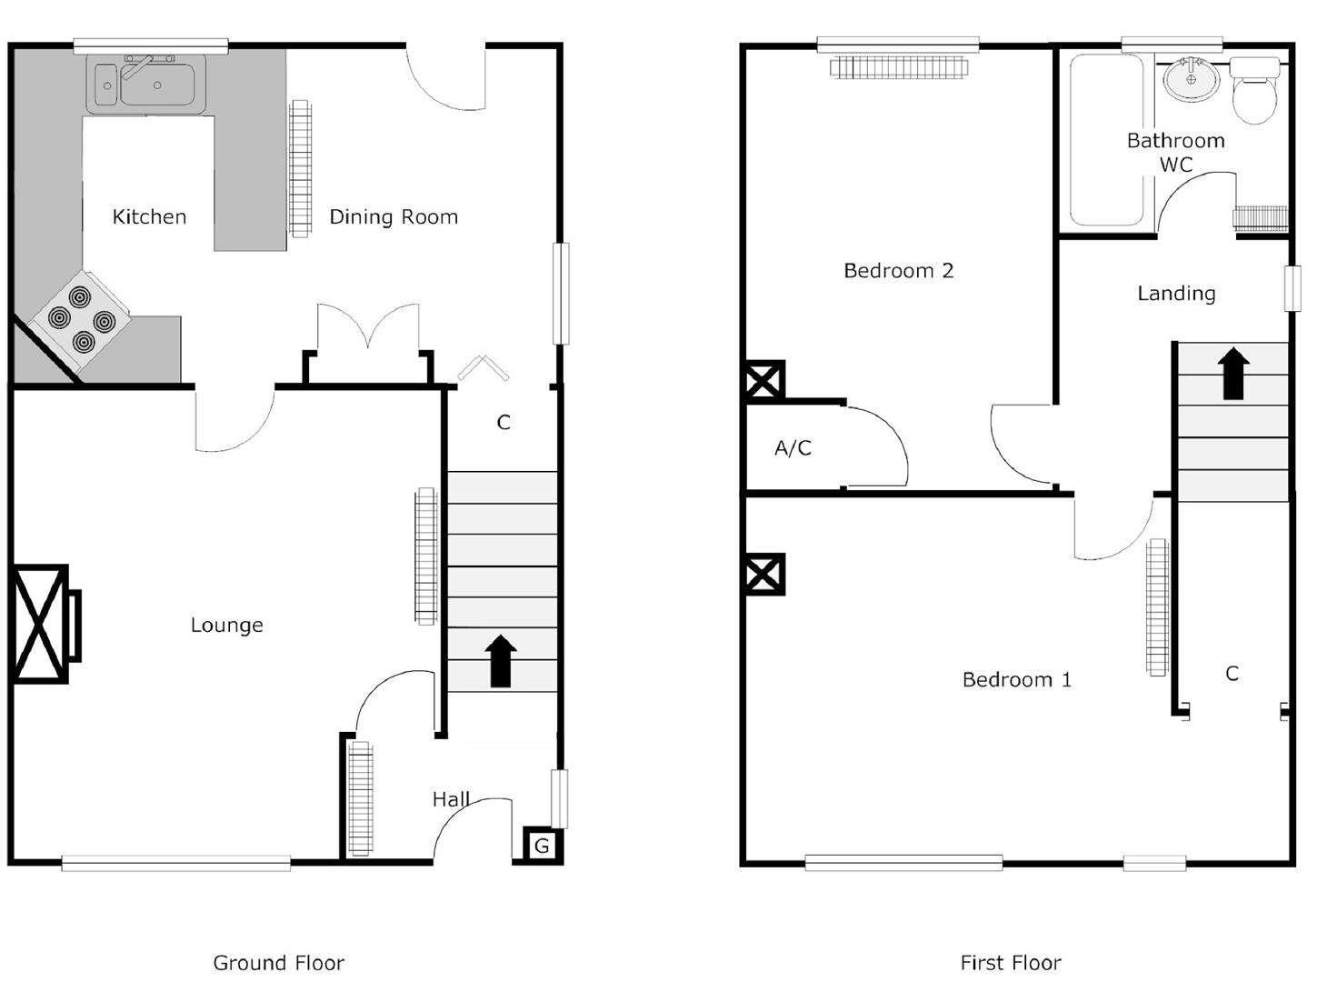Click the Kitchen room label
point(149,216)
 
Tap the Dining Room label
point(393,216)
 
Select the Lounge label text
point(226,625)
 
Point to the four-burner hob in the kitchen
point(81,319)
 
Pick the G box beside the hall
point(542,846)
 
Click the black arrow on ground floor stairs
point(501,661)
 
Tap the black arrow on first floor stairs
point(1233,374)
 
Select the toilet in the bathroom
point(1255,91)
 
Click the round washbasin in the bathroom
point(1191,80)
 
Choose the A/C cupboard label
point(793,447)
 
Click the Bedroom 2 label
point(898,270)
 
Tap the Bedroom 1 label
point(1016,679)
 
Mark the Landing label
point(1176,293)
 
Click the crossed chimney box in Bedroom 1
point(764,575)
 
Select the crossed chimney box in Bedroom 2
point(764,381)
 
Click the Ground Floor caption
point(278,962)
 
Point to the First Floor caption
point(1010,962)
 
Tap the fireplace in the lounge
point(42,624)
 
